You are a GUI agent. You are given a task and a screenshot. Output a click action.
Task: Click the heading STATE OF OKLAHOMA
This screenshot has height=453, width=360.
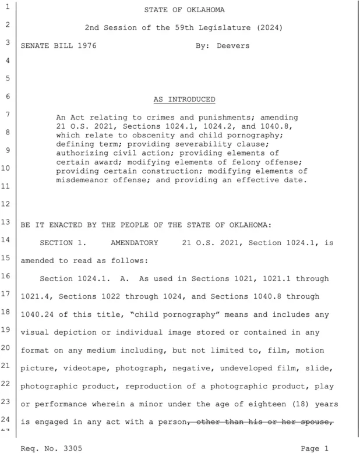[x=179, y=10]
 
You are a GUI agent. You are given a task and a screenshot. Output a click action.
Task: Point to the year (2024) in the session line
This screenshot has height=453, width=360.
[x=259, y=27]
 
